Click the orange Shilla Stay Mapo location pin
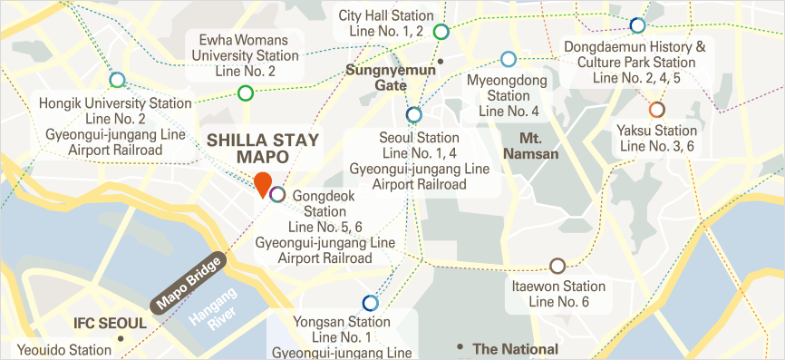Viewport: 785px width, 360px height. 262,183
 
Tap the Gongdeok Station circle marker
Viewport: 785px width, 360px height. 278,194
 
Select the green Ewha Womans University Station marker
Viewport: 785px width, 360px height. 245,92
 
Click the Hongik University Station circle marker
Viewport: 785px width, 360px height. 117,80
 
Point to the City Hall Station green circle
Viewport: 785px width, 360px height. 441,33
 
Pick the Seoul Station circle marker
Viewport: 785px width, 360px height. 414,114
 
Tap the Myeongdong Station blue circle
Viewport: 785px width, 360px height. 509,60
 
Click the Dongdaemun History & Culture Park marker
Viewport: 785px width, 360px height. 637,25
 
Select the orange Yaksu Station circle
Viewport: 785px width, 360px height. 656,110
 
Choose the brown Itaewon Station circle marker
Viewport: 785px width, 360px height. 557,266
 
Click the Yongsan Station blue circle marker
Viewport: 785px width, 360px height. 370,303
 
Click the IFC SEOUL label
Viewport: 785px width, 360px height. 109,324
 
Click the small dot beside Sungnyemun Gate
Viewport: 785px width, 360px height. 441,62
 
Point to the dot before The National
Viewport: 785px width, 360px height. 461,347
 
